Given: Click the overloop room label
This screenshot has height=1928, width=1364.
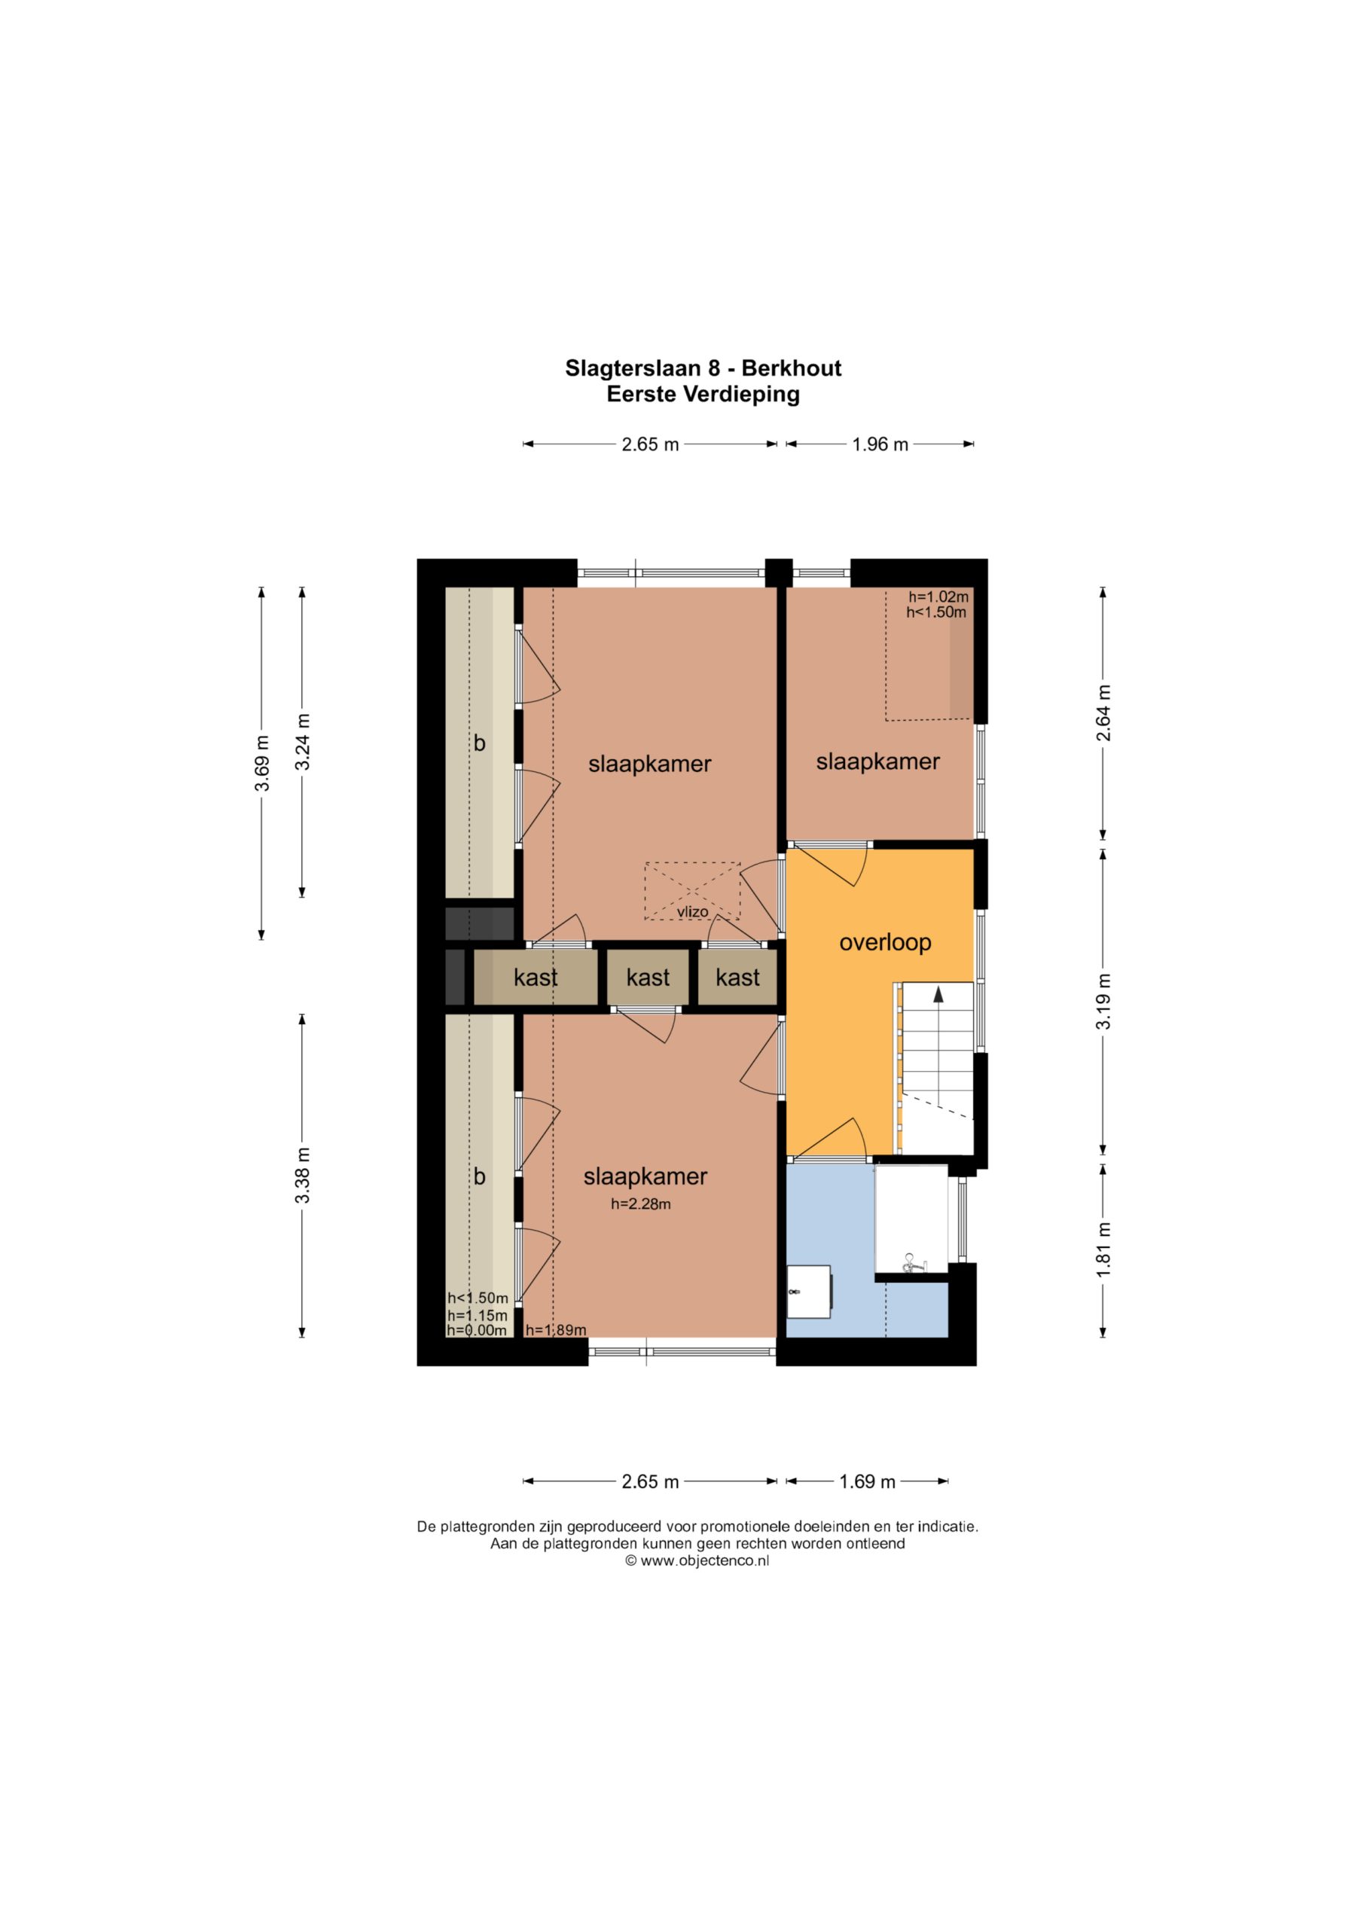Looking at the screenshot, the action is tap(885, 942).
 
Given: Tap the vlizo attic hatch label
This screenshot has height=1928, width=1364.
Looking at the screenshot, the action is tap(693, 911).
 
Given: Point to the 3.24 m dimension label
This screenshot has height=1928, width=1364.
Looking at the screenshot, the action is tap(304, 742).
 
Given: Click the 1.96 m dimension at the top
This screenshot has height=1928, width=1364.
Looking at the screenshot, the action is tap(880, 444).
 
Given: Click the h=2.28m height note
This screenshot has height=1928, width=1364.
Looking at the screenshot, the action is tap(641, 1204).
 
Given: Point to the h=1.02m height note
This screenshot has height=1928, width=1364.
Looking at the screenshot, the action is tap(939, 597).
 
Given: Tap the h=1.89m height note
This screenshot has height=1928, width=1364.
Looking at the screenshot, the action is tap(556, 1329).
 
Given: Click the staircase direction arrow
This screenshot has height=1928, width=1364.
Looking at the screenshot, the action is tap(938, 996).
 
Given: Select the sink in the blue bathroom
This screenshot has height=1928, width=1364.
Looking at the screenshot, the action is tap(809, 1292).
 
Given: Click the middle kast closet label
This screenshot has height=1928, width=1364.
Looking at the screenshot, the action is tap(648, 978).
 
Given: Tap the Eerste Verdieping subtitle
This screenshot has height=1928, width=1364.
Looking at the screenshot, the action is tap(703, 394).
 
